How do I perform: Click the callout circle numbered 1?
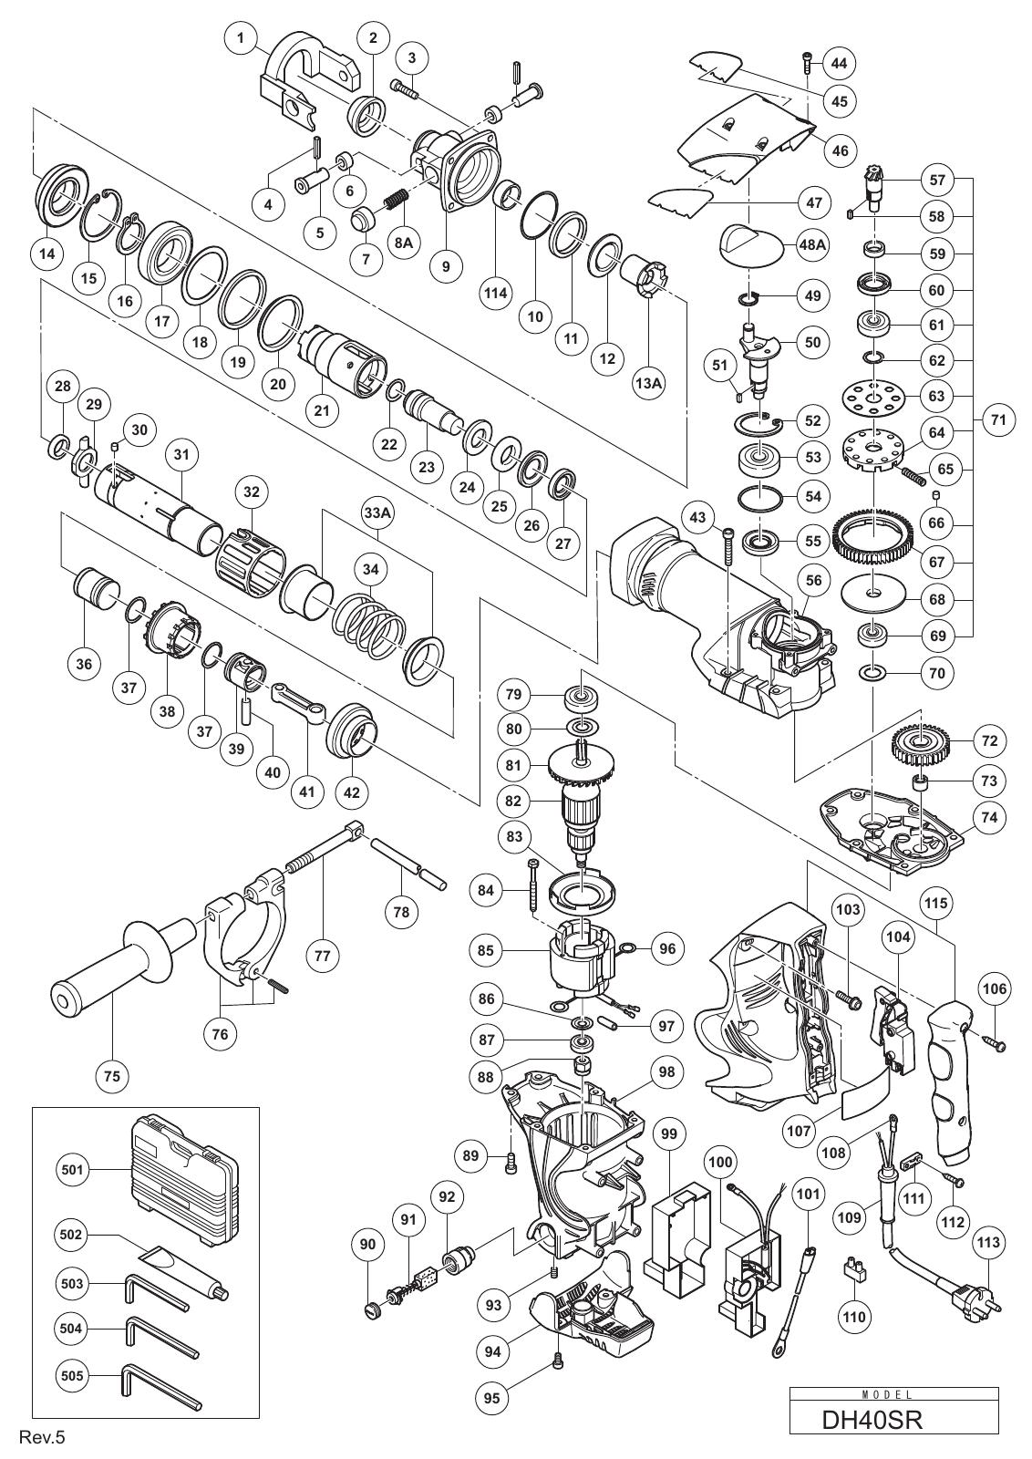[242, 37]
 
